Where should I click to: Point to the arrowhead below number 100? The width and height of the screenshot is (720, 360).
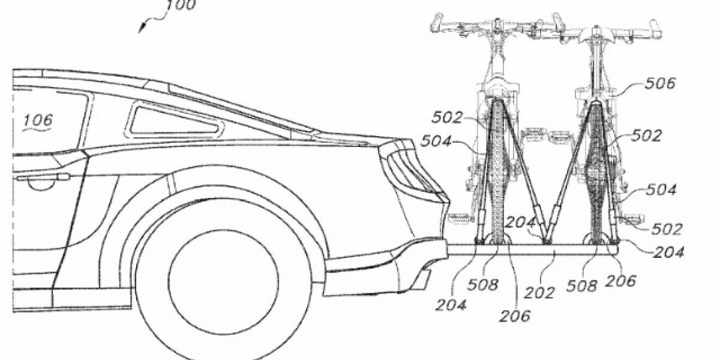[x=141, y=30]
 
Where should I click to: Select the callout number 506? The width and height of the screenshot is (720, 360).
[x=659, y=83]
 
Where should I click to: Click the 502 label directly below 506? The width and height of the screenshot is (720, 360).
[x=646, y=136]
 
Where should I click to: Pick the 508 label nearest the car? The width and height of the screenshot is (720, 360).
[x=484, y=284]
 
